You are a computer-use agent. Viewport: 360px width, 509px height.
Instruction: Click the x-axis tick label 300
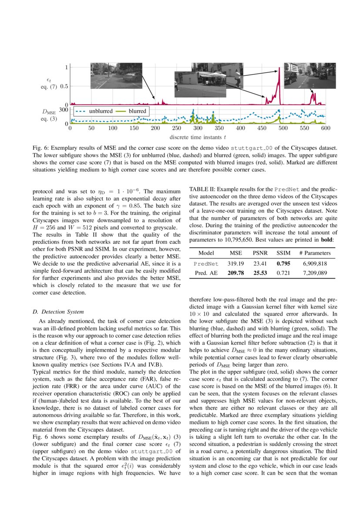[x=198, y=129]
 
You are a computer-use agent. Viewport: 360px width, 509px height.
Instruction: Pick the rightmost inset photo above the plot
[x=310, y=76]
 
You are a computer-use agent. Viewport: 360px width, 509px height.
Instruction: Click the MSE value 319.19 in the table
[x=235, y=263]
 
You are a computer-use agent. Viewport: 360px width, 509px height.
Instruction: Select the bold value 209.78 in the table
[x=235, y=273]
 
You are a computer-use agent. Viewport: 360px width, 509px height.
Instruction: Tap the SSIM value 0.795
[x=284, y=263]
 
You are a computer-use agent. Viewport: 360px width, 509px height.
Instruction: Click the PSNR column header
[x=260, y=253]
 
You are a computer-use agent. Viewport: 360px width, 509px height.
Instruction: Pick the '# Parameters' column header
[x=315, y=253]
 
